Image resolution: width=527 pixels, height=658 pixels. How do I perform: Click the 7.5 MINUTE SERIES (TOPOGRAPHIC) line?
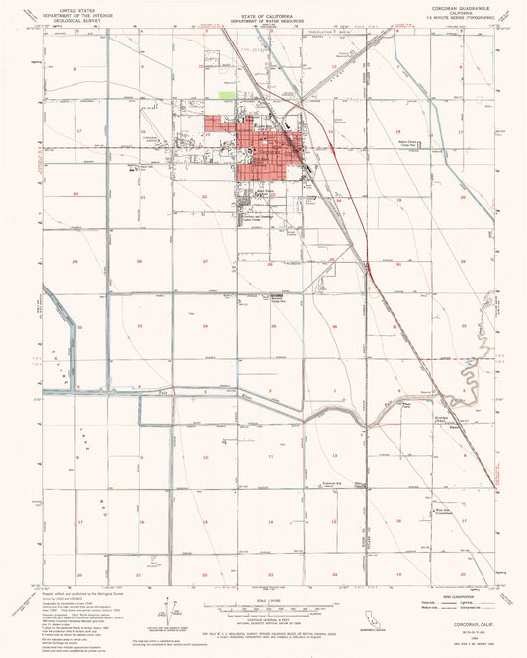coord(459,18)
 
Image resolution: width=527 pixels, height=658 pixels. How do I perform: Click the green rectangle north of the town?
coord(227,96)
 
